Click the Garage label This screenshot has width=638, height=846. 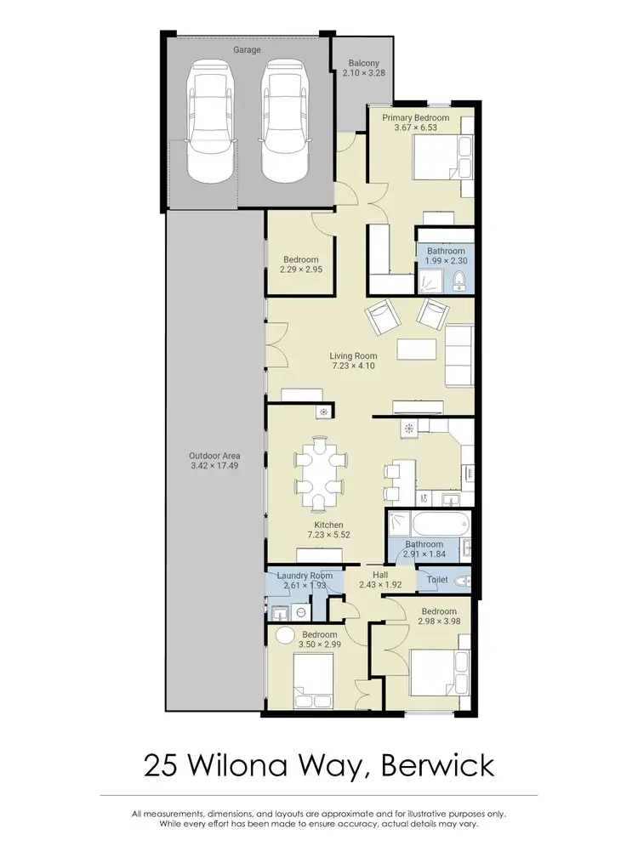[248, 50]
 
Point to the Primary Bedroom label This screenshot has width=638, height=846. [415, 117]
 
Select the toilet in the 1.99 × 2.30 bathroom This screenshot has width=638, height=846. [459, 281]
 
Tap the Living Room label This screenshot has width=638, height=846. [353, 356]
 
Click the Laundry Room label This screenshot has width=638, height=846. [305, 576]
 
